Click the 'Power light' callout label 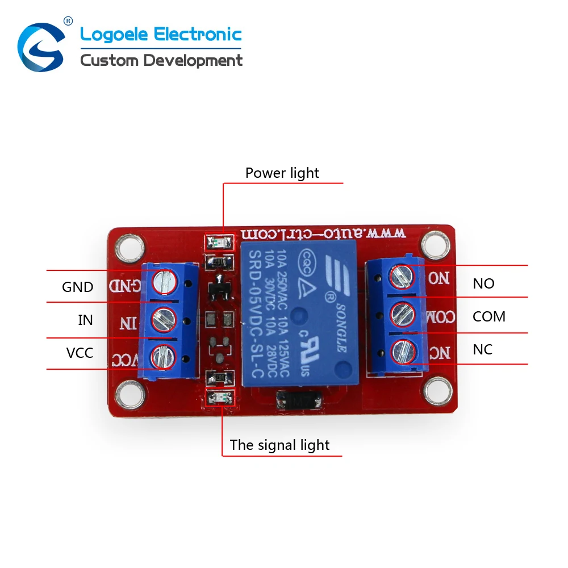282,173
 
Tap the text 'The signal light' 279,445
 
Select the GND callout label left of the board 78,287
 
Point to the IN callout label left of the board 85,320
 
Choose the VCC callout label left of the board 80,353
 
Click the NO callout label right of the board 483,283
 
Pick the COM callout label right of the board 488,316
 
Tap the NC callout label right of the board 483,349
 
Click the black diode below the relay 296,402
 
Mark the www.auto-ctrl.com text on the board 323,233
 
